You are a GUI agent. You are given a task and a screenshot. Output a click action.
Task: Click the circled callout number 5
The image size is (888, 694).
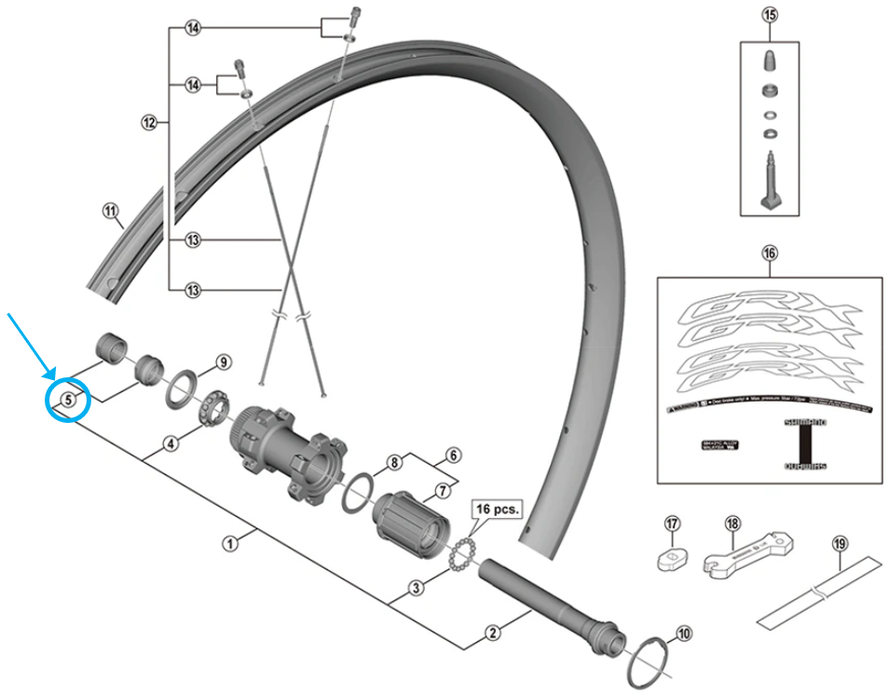pos(69,401)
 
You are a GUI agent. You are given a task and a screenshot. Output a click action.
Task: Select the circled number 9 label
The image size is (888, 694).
pos(223,362)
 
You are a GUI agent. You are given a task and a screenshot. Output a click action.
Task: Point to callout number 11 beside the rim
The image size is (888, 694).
pos(113,211)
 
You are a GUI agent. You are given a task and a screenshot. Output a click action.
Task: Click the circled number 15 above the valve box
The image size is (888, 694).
pos(769,15)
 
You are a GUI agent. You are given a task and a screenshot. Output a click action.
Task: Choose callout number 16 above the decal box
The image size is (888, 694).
pos(769,252)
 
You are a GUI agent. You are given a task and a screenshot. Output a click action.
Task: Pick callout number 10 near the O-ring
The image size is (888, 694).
pos(684,634)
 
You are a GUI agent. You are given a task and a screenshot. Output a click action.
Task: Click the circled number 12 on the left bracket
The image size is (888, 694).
pos(148,122)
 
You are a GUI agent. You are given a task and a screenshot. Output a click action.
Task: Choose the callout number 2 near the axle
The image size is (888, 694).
pos(494,634)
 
